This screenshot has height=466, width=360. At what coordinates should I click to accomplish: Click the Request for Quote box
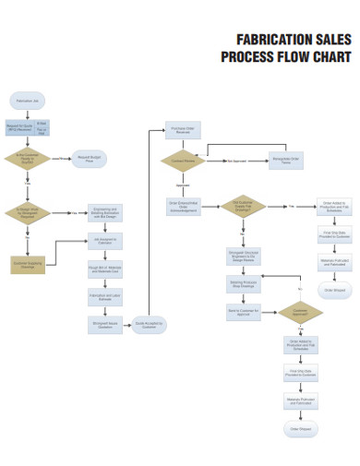19,128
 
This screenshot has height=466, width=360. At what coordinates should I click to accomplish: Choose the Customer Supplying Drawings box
28,264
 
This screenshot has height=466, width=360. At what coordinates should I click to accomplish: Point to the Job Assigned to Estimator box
104,242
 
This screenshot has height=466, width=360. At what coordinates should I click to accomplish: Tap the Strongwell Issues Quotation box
104,324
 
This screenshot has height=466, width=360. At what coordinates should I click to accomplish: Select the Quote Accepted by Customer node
149,324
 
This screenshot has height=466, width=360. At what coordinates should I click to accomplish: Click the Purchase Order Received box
183,130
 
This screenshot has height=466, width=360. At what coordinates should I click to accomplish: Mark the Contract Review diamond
183,161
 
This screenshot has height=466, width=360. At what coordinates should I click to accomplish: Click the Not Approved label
237,161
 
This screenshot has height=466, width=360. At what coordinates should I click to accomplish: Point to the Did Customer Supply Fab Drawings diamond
243,205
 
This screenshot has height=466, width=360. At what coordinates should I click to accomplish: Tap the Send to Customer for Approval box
243,313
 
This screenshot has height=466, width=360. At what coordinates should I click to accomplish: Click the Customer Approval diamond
300,313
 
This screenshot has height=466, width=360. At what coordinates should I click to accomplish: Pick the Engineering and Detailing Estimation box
104,212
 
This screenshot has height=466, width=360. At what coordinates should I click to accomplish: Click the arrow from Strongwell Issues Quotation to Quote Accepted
126,324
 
